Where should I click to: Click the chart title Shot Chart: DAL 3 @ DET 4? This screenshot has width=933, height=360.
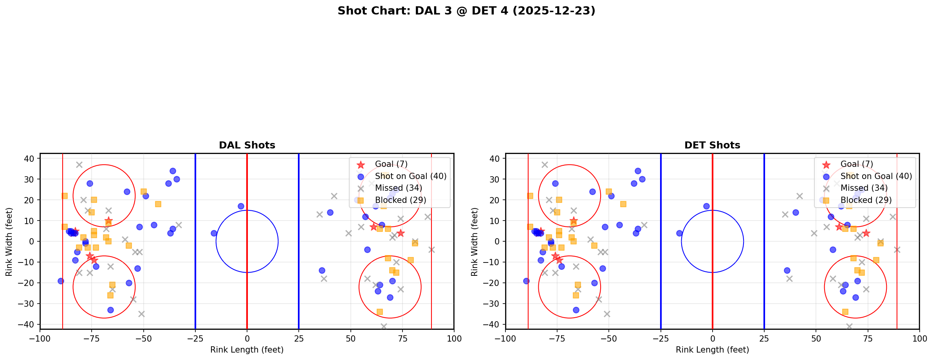click(x=466, y=11)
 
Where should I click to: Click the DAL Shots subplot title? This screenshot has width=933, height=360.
click(x=247, y=145)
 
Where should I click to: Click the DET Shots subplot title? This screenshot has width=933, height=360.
click(x=712, y=145)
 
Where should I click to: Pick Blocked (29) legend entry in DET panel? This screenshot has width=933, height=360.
click(x=866, y=200)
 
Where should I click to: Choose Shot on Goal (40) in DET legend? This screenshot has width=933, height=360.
click(x=876, y=176)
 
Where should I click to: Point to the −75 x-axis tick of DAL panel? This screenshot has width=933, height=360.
click(x=92, y=338)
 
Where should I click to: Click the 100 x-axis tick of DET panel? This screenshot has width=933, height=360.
click(x=919, y=338)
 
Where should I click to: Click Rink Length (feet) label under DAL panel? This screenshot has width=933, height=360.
click(x=247, y=350)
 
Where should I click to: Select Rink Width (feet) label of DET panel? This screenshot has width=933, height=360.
click(x=475, y=242)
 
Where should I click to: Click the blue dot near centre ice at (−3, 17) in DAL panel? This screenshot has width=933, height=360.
click(x=241, y=206)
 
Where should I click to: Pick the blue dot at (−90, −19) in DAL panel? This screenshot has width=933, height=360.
click(x=61, y=281)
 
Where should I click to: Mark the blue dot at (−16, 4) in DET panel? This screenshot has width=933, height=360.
click(x=679, y=233)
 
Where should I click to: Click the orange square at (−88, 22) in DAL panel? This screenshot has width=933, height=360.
click(x=65, y=196)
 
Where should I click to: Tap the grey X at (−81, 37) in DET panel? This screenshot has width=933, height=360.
click(x=545, y=165)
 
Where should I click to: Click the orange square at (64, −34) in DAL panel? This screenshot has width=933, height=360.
click(x=379, y=312)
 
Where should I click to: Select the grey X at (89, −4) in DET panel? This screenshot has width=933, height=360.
click(x=897, y=250)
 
